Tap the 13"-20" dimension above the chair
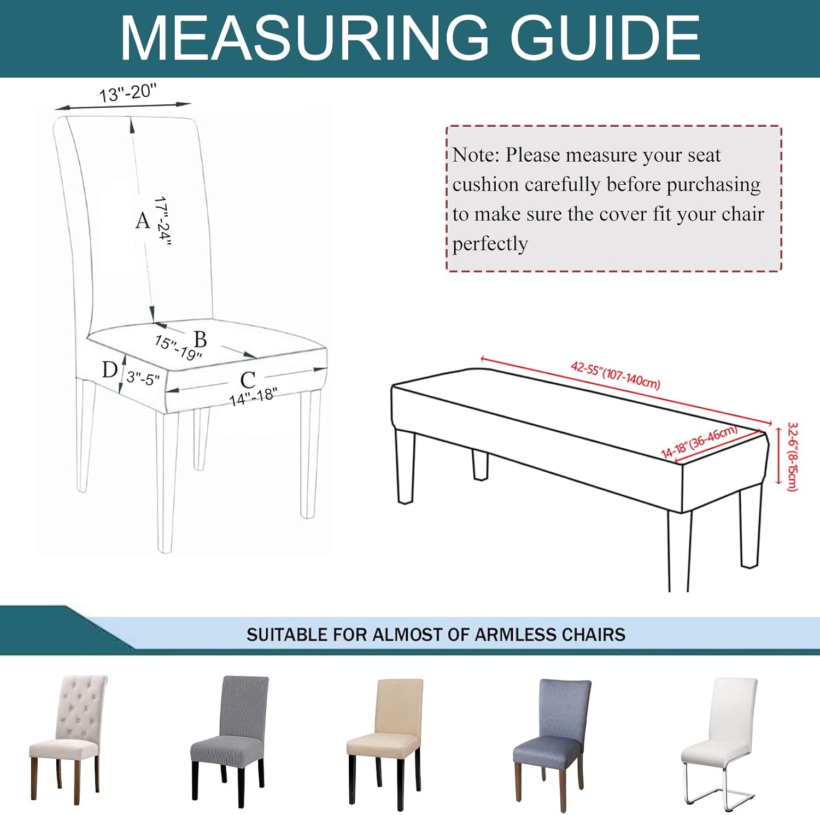click(128, 92)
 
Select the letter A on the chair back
click(143, 220)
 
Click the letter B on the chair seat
click(201, 339)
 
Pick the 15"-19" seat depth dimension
click(178, 348)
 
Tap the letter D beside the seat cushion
click(110, 370)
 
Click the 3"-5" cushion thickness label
click(143, 377)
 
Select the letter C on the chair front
click(248, 380)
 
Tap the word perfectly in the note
click(490, 244)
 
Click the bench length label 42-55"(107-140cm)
click(616, 374)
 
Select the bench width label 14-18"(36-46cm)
click(700, 442)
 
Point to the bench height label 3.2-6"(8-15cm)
click(793, 456)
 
